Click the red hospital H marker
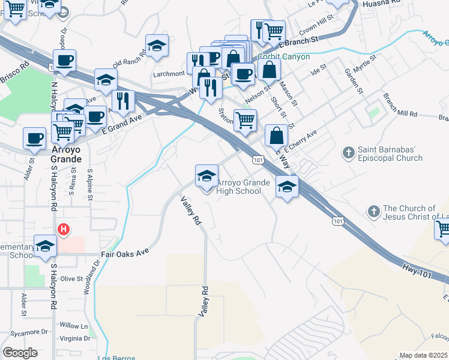(63, 229)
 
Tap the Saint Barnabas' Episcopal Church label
(390, 154)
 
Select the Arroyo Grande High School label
(239, 187)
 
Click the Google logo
(20, 353)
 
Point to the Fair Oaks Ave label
(124, 254)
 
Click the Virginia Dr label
(75, 338)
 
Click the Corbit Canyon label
(283, 56)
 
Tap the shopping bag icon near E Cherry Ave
(276, 136)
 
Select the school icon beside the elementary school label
(45, 246)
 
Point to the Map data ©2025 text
(423, 355)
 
